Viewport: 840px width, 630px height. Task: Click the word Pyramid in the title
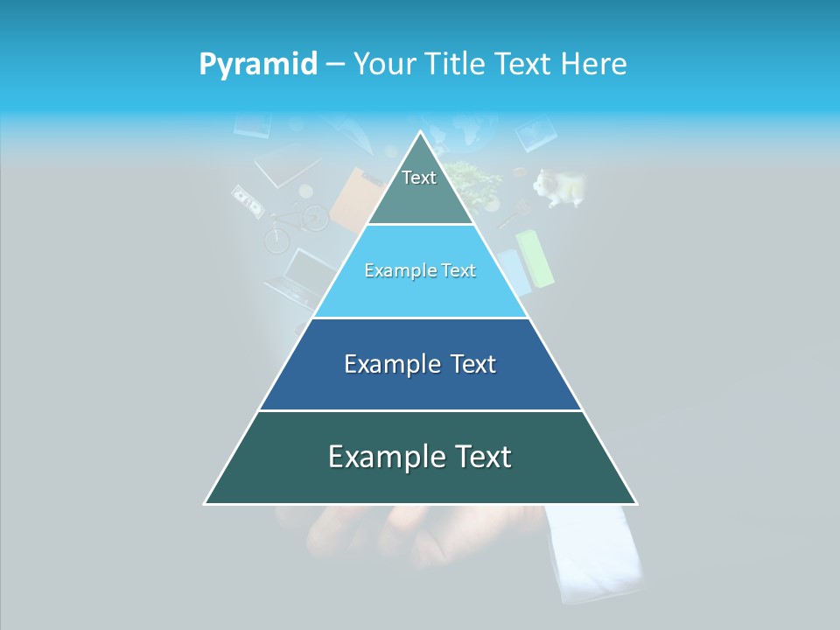[x=257, y=65]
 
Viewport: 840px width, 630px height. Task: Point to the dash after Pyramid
[x=335, y=65]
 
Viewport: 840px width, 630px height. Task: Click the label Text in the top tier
[x=419, y=178]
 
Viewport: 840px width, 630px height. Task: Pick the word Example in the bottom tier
[x=379, y=457]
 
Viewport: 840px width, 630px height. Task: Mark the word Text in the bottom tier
[x=482, y=457]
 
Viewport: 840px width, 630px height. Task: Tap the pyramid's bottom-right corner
[x=635, y=503]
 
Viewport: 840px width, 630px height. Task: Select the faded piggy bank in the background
[x=558, y=187]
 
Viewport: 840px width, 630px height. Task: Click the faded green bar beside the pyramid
[x=535, y=257]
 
